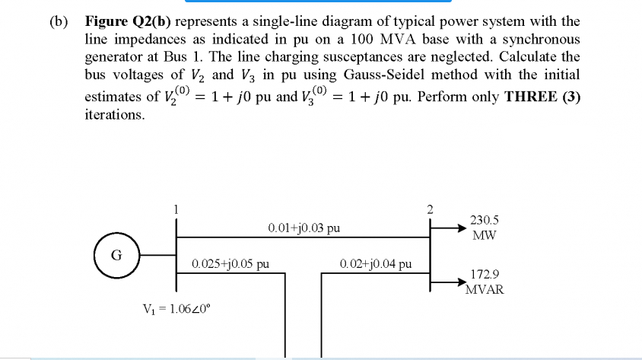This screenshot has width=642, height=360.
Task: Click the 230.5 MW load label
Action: click(x=485, y=228)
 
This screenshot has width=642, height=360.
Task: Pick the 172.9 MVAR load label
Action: click(x=485, y=282)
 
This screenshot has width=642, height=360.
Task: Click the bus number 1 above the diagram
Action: click(x=176, y=207)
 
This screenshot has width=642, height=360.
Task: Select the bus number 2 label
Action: click(x=430, y=207)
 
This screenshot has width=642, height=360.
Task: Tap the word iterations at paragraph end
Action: click(x=114, y=115)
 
